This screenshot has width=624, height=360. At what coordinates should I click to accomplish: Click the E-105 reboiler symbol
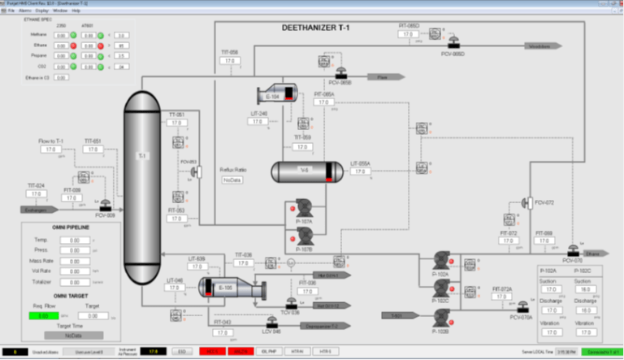coord(231,288)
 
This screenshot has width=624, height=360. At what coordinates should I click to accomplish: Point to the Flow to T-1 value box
coord(50,150)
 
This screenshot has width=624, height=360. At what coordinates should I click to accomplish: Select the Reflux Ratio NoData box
coord(233,180)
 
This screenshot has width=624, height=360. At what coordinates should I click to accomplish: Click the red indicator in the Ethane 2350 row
coord(72,46)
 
